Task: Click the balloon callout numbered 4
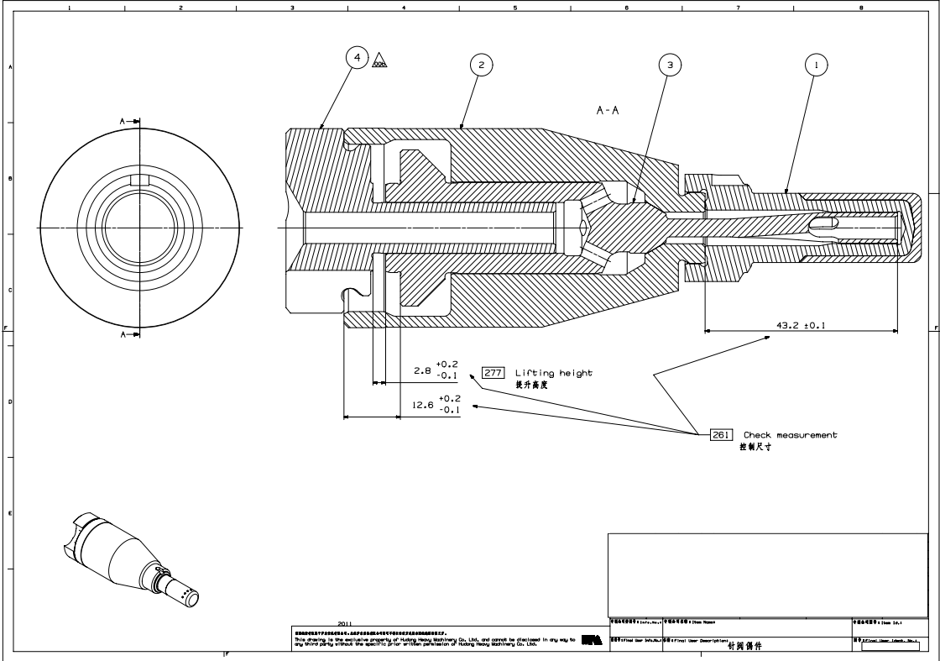[358, 58]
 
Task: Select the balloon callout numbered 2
[481, 64]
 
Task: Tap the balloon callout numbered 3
[669, 64]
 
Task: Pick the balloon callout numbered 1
[816, 64]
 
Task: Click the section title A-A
[608, 111]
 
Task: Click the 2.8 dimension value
[422, 370]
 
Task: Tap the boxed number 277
[492, 373]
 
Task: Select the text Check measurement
[790, 435]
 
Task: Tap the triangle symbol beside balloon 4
[379, 60]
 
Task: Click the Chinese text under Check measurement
[755, 447]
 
